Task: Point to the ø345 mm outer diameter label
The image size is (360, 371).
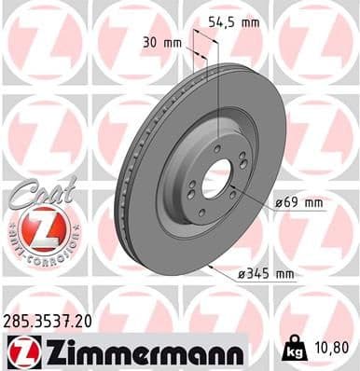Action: [x=266, y=273]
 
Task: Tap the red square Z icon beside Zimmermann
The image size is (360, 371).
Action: [x=19, y=350]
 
